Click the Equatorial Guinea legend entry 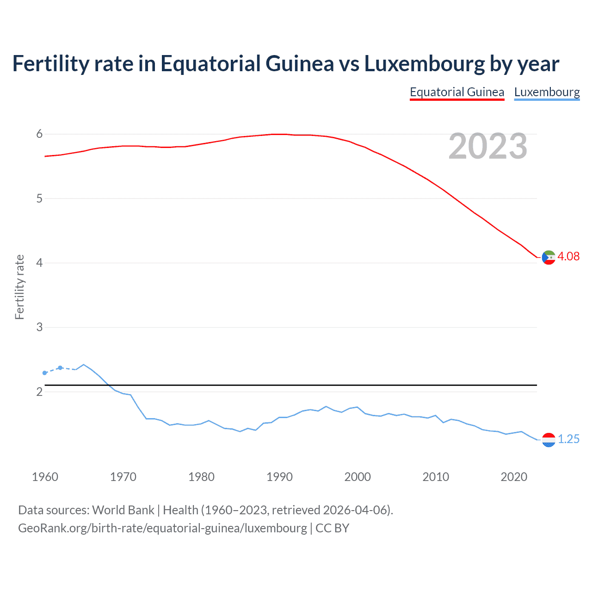[456, 92]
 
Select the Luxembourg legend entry [547, 92]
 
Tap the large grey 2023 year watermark [487, 146]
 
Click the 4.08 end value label [568, 256]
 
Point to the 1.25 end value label [568, 439]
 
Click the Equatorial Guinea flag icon [549, 257]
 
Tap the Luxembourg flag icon [549, 439]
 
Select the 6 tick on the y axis [39, 134]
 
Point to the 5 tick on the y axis [39, 198]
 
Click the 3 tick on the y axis [39, 327]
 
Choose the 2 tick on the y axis [39, 392]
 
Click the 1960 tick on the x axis [45, 477]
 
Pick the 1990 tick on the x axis [279, 477]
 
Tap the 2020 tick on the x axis [514, 477]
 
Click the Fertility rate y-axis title [19, 287]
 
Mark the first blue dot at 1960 [44, 373]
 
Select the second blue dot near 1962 [60, 368]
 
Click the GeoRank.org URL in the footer [162, 528]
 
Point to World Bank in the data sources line [123, 510]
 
